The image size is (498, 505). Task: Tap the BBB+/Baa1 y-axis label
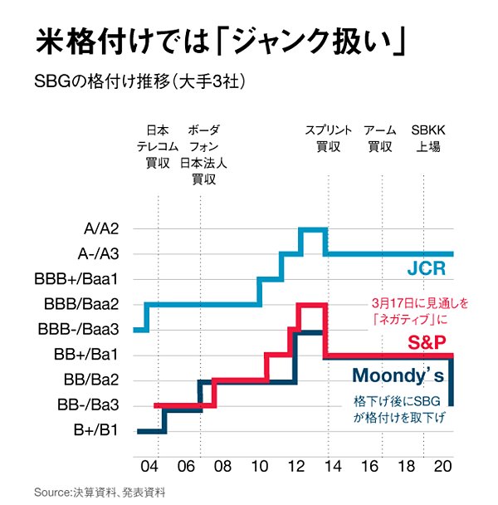coord(81,278)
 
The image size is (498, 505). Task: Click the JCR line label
coord(426,269)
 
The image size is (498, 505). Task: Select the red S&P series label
coord(427,341)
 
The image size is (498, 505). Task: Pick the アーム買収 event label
coord(380,139)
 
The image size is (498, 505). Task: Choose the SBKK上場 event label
coord(427,139)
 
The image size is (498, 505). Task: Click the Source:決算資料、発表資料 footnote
coord(100,492)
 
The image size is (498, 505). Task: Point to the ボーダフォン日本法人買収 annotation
coord(203,154)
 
